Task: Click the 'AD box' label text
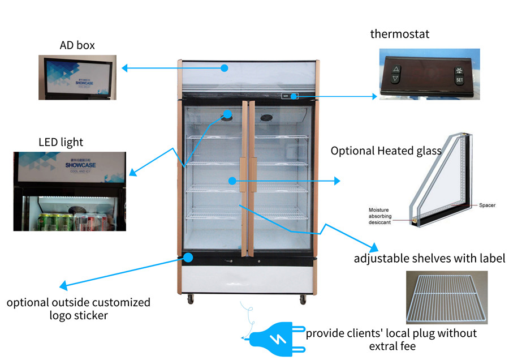(x=77, y=45)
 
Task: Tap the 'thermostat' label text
(x=399, y=34)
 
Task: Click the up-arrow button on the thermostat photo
(x=396, y=70)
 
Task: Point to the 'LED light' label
(x=61, y=142)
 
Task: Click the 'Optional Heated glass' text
(x=386, y=151)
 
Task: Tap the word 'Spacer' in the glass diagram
(x=487, y=205)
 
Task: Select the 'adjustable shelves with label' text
(x=429, y=259)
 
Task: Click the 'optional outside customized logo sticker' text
(x=79, y=308)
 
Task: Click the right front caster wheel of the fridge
(x=303, y=298)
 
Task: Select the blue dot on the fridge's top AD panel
(x=224, y=68)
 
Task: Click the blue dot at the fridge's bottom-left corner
(x=188, y=258)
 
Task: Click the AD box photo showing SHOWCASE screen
(x=77, y=77)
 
